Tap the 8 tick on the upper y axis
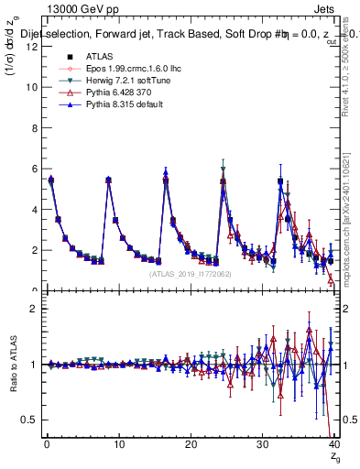[x=34, y=127]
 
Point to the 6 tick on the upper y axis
[x=34, y=169]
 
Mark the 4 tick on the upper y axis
[x=34, y=209]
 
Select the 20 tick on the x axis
[x=191, y=445]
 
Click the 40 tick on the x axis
[x=333, y=445]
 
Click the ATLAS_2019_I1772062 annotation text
[x=188, y=273]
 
